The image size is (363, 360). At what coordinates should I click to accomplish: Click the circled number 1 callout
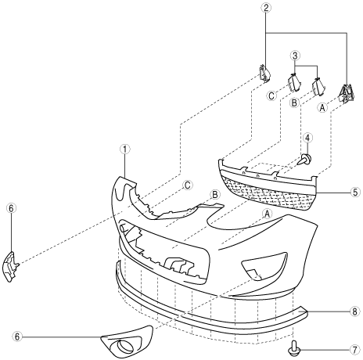(125, 149)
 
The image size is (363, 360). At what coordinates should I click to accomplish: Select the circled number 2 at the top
(266, 8)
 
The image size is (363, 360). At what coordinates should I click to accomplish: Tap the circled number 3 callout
(295, 56)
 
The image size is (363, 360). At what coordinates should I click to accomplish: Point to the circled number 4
(307, 138)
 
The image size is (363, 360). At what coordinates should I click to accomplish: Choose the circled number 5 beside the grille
(355, 193)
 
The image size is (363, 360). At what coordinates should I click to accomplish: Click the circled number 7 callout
(354, 350)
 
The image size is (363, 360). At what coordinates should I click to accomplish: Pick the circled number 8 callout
(354, 311)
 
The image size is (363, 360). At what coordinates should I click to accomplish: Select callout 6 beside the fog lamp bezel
(17, 337)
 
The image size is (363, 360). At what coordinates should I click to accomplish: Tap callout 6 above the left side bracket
(12, 208)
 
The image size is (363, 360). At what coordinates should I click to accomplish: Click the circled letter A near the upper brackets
(322, 107)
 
